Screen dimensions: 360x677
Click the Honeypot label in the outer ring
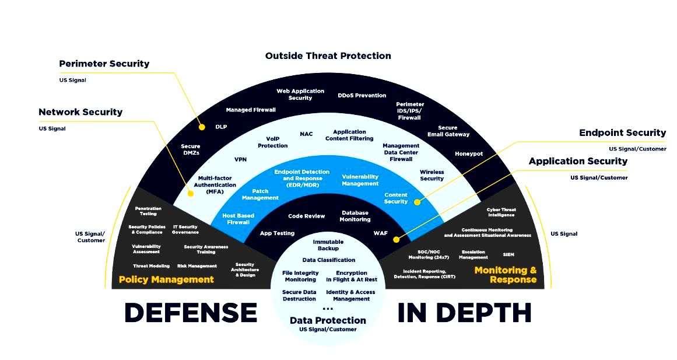469,153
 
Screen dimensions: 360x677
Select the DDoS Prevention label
362,95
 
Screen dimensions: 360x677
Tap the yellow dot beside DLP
202,127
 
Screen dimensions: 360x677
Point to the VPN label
241,159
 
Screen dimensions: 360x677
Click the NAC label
306,134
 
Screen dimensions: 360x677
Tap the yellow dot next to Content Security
417,202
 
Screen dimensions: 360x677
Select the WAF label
380,233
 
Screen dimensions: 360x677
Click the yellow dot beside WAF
396,239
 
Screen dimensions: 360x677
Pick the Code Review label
306,216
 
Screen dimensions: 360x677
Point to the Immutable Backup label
328,245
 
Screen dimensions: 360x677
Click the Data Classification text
328,260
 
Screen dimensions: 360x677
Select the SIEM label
508,254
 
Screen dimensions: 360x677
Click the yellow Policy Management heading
166,279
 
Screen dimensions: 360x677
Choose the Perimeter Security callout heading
104,64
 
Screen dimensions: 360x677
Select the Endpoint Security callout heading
622,133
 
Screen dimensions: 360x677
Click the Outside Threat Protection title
328,56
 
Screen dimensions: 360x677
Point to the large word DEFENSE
191,313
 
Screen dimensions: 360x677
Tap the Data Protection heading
328,320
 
